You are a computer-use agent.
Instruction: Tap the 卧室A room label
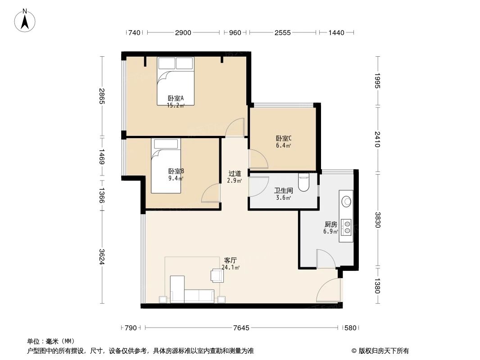[x=176, y=99]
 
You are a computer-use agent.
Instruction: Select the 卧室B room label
[x=176, y=171]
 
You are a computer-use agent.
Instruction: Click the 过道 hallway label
[x=235, y=174]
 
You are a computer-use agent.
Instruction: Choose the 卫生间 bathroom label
[x=283, y=191]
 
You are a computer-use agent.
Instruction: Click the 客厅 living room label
[x=231, y=261]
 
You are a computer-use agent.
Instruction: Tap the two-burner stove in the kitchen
[x=346, y=227]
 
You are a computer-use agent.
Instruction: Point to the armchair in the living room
[x=216, y=275]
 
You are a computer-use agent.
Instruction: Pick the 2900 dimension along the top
[x=183, y=32]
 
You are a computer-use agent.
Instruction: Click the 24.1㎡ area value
[x=231, y=267]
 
